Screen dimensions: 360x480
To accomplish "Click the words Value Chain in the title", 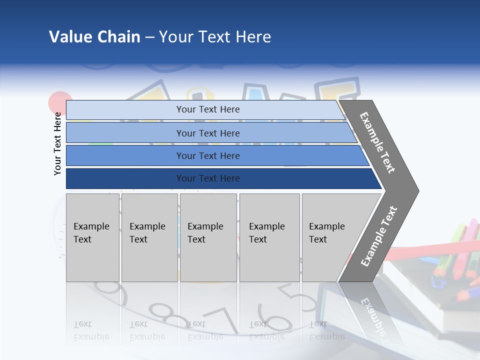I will (x=94, y=37).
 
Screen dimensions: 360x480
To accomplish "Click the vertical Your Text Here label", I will (x=57, y=143).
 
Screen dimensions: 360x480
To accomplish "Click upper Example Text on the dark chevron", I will (x=377, y=142).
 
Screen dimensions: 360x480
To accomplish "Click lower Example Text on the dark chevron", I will (x=378, y=236).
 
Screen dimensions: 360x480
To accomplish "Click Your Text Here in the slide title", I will (x=215, y=37).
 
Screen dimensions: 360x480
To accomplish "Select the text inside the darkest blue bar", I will (x=208, y=178).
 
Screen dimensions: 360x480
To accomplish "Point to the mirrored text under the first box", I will (x=84, y=330).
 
